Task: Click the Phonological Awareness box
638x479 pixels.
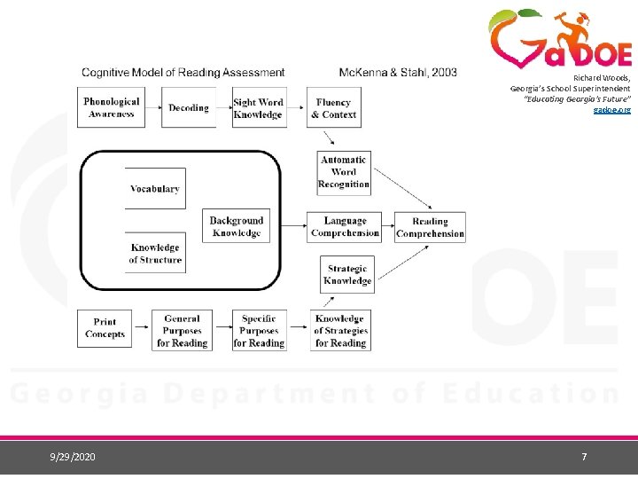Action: (111, 107)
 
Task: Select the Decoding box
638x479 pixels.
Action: (189, 107)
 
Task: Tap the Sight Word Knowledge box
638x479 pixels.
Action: (259, 107)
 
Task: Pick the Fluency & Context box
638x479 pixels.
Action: (334, 107)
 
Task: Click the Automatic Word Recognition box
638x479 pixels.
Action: (344, 172)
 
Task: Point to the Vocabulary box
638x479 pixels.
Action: (155, 189)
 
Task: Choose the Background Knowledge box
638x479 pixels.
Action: (237, 227)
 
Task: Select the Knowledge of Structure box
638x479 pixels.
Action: (155, 254)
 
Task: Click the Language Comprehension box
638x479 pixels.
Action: (345, 227)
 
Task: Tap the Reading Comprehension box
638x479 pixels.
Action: (431, 227)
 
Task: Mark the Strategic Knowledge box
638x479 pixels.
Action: (347, 274)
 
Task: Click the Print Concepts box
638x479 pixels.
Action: (105, 328)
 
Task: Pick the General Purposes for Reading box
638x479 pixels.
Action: (182, 330)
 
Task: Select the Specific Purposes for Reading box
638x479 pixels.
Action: (259, 330)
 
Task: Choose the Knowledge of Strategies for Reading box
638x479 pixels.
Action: (340, 330)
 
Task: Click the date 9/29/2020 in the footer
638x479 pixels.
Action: (74, 457)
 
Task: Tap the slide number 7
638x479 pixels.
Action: (584, 457)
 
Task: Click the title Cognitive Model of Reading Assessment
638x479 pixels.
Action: (183, 73)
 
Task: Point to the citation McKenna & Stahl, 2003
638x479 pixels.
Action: (398, 73)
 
